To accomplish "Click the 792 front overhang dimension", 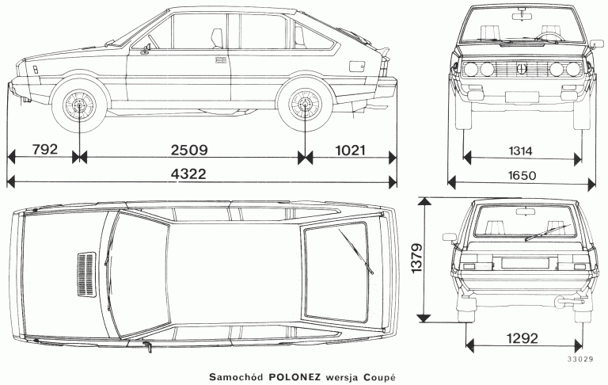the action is coord(45,150).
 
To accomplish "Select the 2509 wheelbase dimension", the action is coord(189,151).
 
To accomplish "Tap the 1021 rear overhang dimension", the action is coord(350,151).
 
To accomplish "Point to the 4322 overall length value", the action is coord(188,173).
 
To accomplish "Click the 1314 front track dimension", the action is coord(520,151).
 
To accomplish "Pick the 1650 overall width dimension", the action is coord(522,176).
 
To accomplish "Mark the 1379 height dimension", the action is coord(416,258).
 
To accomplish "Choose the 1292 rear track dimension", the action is coord(522,338).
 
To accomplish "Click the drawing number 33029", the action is coord(580,360).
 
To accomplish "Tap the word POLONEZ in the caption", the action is coord(295,377).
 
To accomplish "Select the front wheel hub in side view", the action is coord(79,105).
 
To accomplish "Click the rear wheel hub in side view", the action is coord(305,104).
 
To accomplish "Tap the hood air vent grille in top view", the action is coord(86,274).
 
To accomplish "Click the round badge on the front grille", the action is coord(522,69).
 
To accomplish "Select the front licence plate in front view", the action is coord(522,97).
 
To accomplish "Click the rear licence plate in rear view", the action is coord(525,263).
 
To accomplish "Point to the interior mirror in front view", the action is coord(522,17).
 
